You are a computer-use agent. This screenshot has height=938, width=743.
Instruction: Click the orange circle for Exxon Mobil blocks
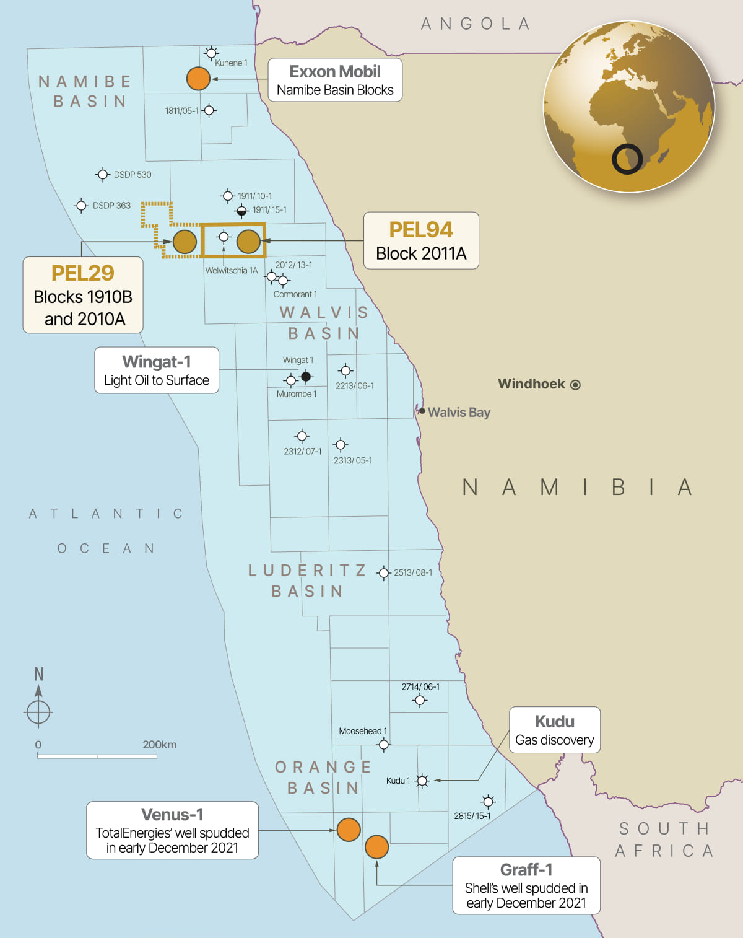click(x=198, y=79)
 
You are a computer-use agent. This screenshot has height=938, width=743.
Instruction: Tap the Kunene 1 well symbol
click(x=211, y=53)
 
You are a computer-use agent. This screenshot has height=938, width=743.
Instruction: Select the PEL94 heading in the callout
click(x=420, y=230)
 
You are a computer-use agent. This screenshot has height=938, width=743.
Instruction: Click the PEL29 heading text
click(x=83, y=273)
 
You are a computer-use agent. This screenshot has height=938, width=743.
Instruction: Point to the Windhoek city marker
click(x=575, y=385)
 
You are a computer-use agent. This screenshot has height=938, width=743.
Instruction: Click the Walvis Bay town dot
click(x=422, y=411)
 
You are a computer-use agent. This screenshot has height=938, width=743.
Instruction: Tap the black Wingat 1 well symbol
click(x=306, y=376)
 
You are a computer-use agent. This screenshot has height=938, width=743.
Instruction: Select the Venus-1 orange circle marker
click(x=349, y=830)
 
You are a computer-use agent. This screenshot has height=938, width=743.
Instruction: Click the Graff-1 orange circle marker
click(x=376, y=846)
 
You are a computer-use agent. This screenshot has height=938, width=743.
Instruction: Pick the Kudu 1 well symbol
click(x=422, y=781)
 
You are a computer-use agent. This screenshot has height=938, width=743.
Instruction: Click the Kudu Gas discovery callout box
click(x=554, y=730)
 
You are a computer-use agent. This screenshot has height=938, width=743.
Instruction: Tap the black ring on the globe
click(x=627, y=159)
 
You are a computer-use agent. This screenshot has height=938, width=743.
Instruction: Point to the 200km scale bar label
click(x=159, y=745)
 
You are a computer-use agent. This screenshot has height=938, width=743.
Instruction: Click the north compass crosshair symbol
click(x=38, y=712)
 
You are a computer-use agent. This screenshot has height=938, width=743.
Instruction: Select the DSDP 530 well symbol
click(x=103, y=175)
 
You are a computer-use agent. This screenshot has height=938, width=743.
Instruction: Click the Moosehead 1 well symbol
click(x=384, y=744)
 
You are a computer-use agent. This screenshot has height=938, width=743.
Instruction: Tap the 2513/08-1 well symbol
click(x=384, y=573)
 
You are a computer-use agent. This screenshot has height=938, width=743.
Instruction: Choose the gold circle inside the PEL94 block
click(x=248, y=242)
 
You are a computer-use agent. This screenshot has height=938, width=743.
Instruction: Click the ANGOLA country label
click(x=475, y=24)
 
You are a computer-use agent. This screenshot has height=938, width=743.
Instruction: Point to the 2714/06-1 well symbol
click(x=420, y=701)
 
